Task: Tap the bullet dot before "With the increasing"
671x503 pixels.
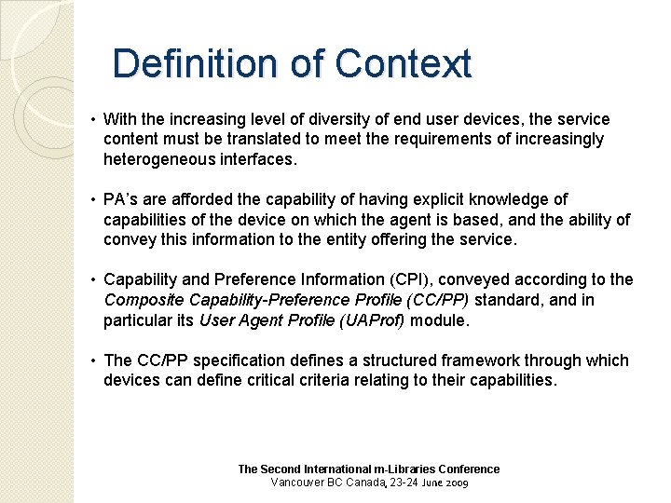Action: click(94, 120)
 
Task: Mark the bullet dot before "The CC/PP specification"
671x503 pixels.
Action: click(94, 360)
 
